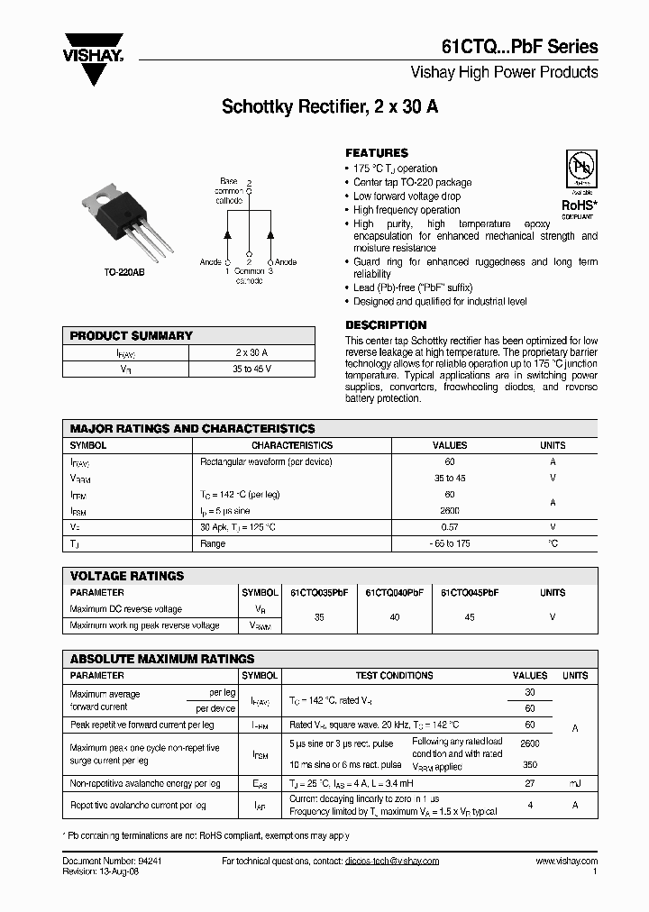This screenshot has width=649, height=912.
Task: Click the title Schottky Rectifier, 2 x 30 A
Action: pos(330,107)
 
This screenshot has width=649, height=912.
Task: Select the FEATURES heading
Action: pos(377,153)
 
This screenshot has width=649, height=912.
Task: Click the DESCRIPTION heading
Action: pos(386,325)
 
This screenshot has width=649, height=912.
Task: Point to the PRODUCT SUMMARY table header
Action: pos(132,335)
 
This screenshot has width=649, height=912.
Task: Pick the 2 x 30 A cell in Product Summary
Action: pos(251,352)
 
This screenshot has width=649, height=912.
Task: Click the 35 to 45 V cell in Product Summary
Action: pos(251,369)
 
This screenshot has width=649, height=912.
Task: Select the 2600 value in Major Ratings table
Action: pos(450,511)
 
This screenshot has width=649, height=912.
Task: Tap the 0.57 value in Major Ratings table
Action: pos(450,527)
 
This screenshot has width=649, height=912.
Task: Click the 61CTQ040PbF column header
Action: pos(394,593)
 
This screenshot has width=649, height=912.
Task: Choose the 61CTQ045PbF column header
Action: pos(469,593)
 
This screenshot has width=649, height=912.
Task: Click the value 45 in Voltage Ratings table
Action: pos(469,618)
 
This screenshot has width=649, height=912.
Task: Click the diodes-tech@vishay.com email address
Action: pos(391,862)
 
